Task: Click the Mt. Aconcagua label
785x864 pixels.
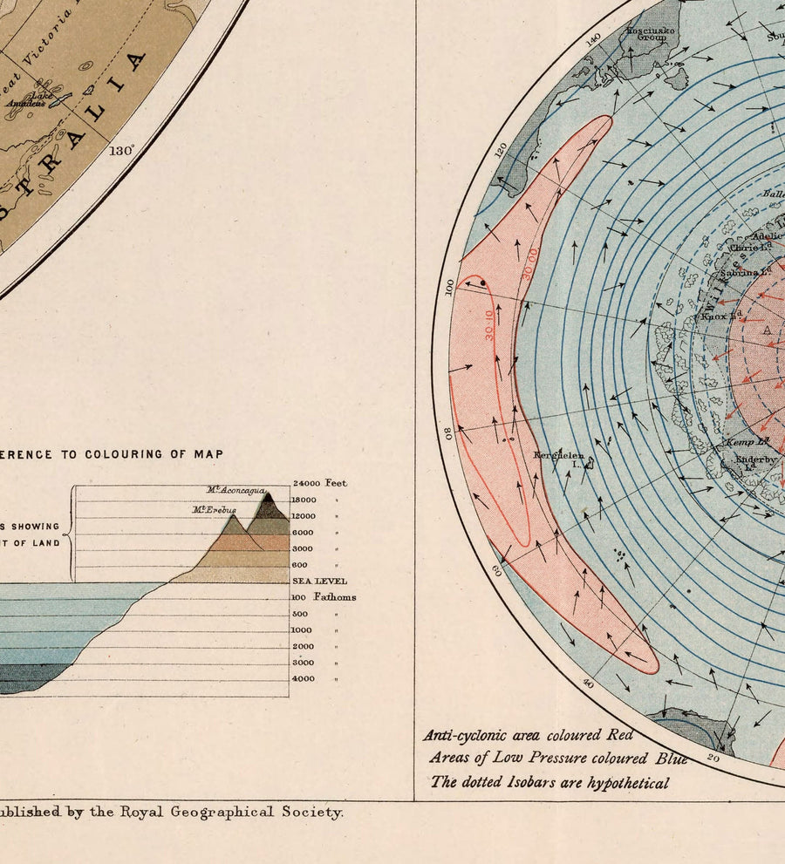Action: [x=235, y=490]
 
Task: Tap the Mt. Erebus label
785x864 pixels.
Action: [x=215, y=509]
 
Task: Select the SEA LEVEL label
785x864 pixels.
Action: [x=319, y=581]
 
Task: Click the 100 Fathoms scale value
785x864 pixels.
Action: [x=323, y=597]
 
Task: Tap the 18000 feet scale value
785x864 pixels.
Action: [x=304, y=500]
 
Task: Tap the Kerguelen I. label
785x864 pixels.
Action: [x=559, y=457]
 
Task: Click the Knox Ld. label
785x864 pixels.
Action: [x=721, y=316]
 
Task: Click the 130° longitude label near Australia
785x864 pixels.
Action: [x=121, y=150]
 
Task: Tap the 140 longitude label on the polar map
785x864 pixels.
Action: [x=595, y=39]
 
